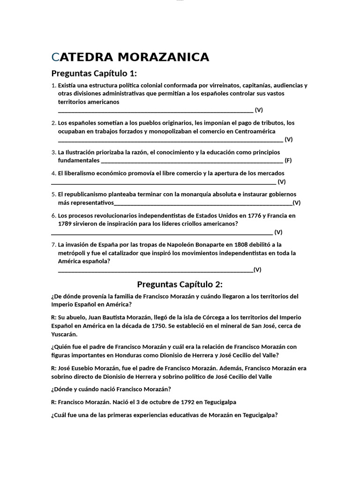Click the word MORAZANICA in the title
(x=163, y=57)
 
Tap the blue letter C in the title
(x=55, y=57)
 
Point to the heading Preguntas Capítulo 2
(x=180, y=285)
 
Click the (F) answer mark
(x=288, y=160)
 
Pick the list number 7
(x=53, y=244)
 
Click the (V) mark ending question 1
(x=259, y=110)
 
